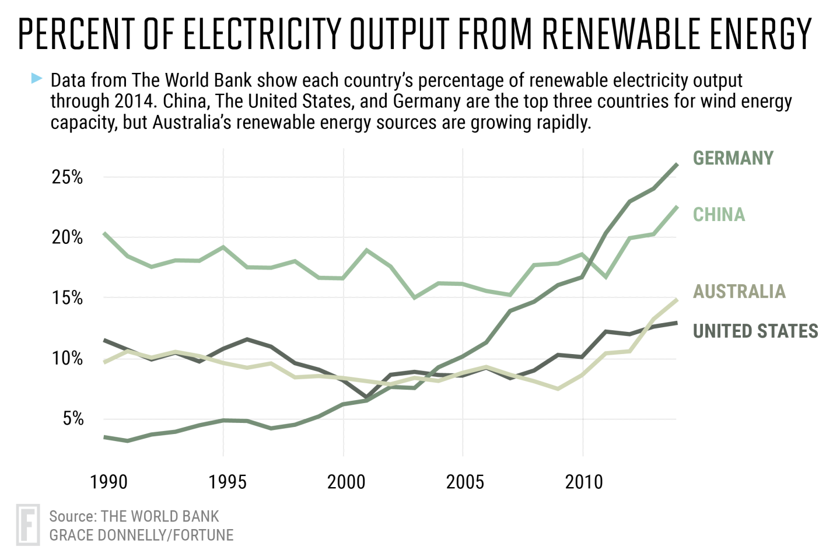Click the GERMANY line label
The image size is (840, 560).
point(733,158)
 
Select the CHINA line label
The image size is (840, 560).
point(719,215)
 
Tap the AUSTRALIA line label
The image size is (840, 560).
point(739,291)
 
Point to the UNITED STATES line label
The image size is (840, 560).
point(755,331)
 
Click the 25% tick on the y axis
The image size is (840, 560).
point(67,177)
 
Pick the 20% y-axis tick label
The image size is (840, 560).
point(67,237)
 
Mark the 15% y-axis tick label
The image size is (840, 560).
point(67,298)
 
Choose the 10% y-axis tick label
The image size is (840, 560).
point(67,358)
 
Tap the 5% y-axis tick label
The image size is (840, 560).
point(73,419)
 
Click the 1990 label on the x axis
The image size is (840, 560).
point(108,482)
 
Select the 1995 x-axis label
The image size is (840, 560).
point(228,482)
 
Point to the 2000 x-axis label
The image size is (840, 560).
point(346,482)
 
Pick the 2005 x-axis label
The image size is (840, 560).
point(465,482)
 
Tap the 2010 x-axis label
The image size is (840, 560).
point(584,482)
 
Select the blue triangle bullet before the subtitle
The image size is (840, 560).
point(37,78)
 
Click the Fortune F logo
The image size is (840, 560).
point(28,524)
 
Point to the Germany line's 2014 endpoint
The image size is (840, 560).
point(677,164)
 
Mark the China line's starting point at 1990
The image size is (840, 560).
point(104,233)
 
